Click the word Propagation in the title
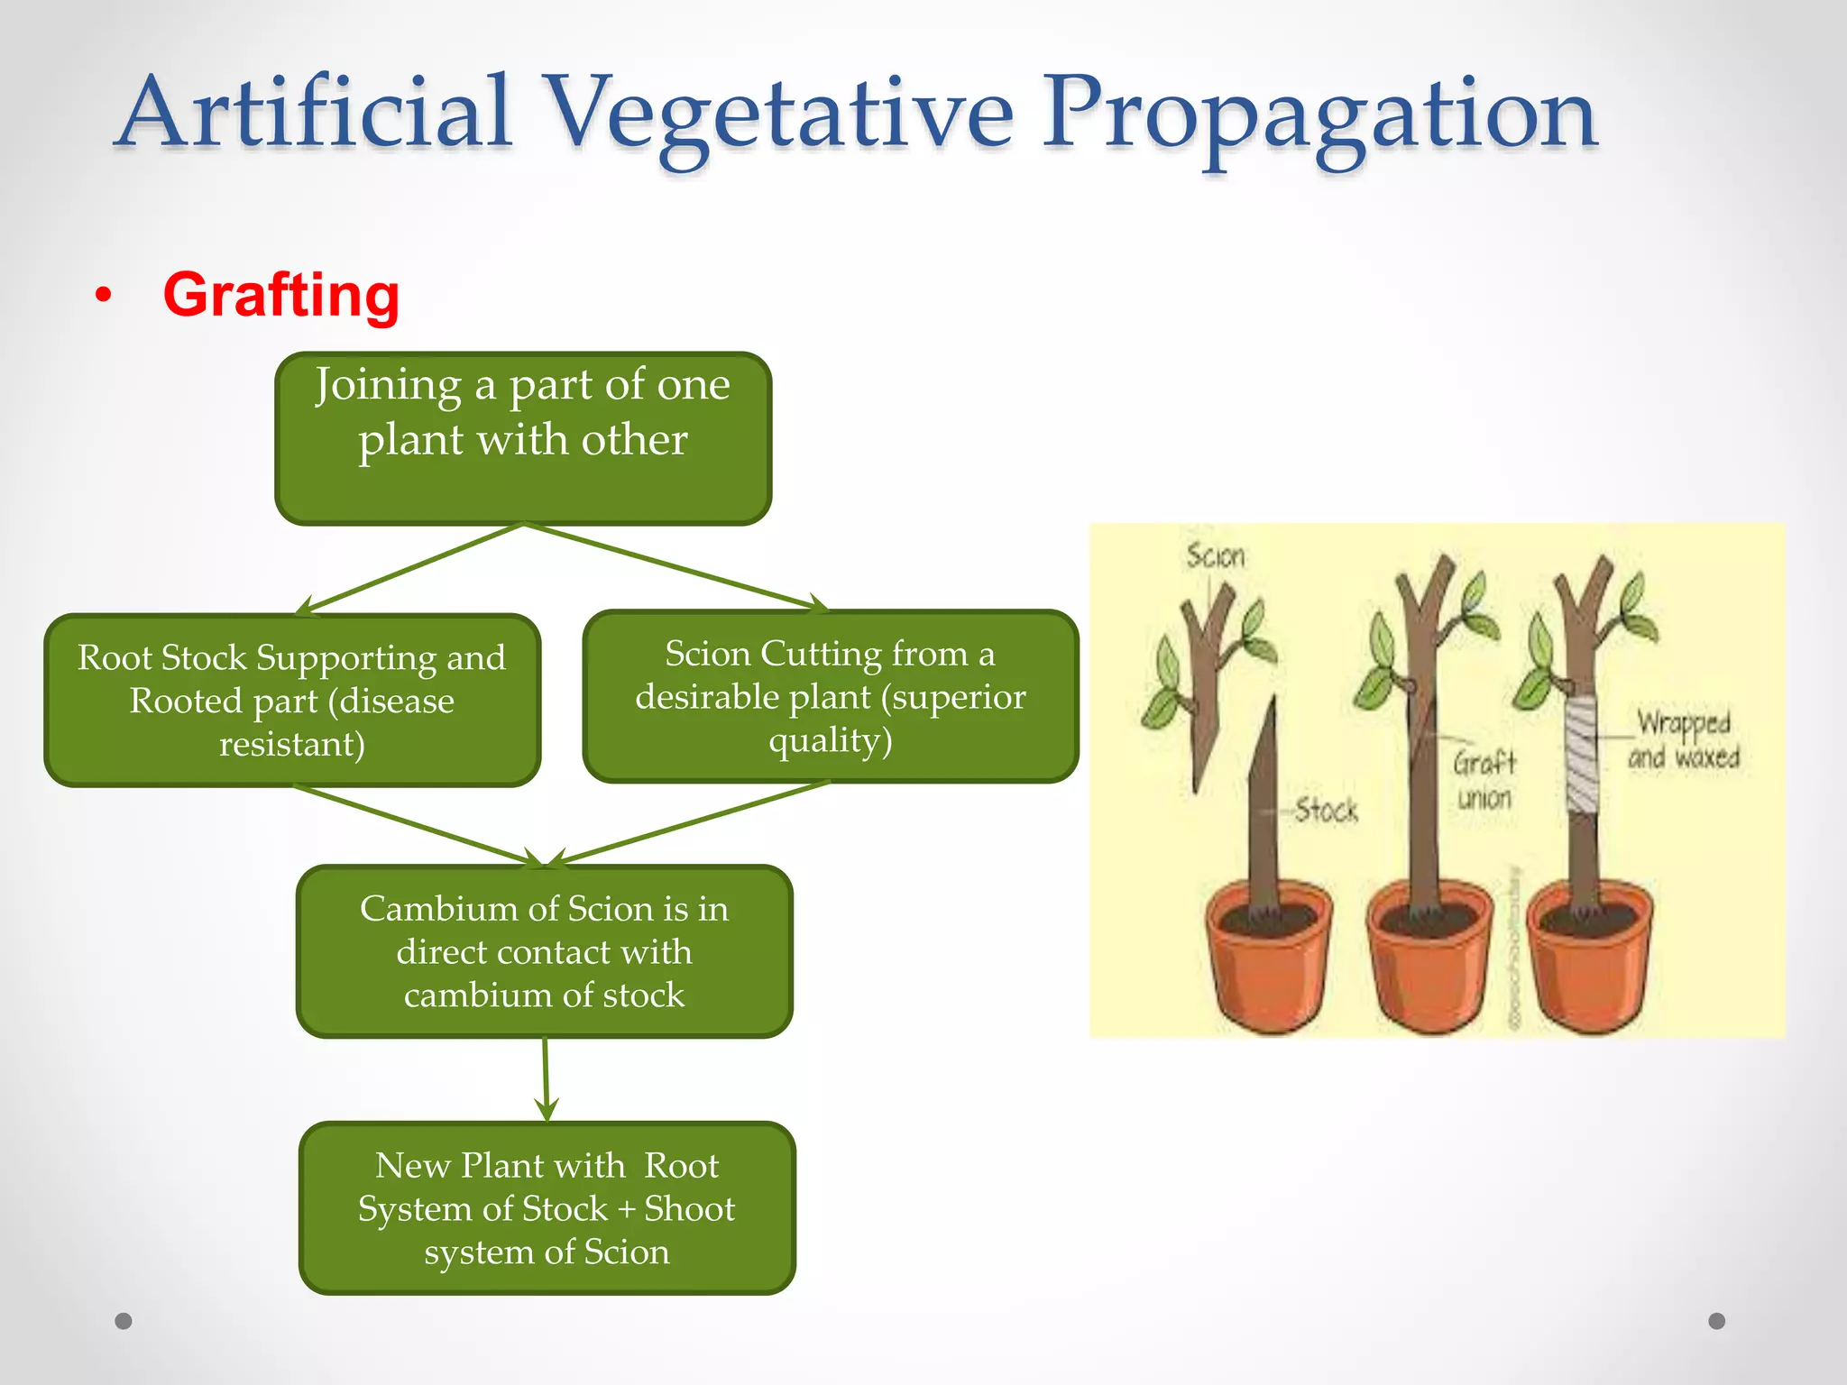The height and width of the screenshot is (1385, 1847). pos(1319,115)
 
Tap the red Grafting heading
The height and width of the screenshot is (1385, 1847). pos(280,295)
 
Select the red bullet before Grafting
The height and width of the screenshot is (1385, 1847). pos(104,295)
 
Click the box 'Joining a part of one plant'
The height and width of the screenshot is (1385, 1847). pos(523,438)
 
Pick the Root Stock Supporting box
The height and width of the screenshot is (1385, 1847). pos(292,700)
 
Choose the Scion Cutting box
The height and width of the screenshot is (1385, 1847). pos(830,696)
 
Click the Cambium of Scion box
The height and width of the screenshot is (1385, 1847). pos(544,951)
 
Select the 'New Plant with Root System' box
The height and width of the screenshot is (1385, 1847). pos(547,1208)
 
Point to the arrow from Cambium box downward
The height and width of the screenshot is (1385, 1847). pos(546,1078)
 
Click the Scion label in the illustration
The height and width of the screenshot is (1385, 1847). pos(1215,555)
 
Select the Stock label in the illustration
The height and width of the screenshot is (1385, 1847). pos(1326,810)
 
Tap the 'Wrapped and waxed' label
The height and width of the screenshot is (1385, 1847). pos(1683,739)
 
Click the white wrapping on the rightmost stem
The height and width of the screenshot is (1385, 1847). pos(1581,753)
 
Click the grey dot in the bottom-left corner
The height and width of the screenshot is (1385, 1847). pos(124,1321)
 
